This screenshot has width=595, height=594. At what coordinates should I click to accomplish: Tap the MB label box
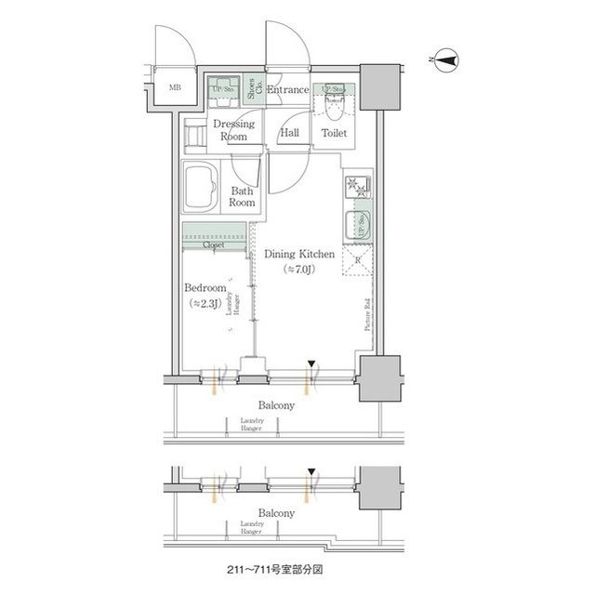[174, 89]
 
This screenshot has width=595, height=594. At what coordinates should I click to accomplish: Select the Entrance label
[287, 90]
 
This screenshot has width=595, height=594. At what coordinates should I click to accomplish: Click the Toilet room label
[334, 134]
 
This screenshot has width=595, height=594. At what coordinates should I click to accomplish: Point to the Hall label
[289, 134]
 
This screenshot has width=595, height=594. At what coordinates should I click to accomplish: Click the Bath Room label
[243, 196]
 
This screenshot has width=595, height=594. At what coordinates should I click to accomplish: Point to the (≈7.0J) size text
[297, 269]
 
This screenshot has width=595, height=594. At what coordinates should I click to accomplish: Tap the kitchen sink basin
[356, 225]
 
